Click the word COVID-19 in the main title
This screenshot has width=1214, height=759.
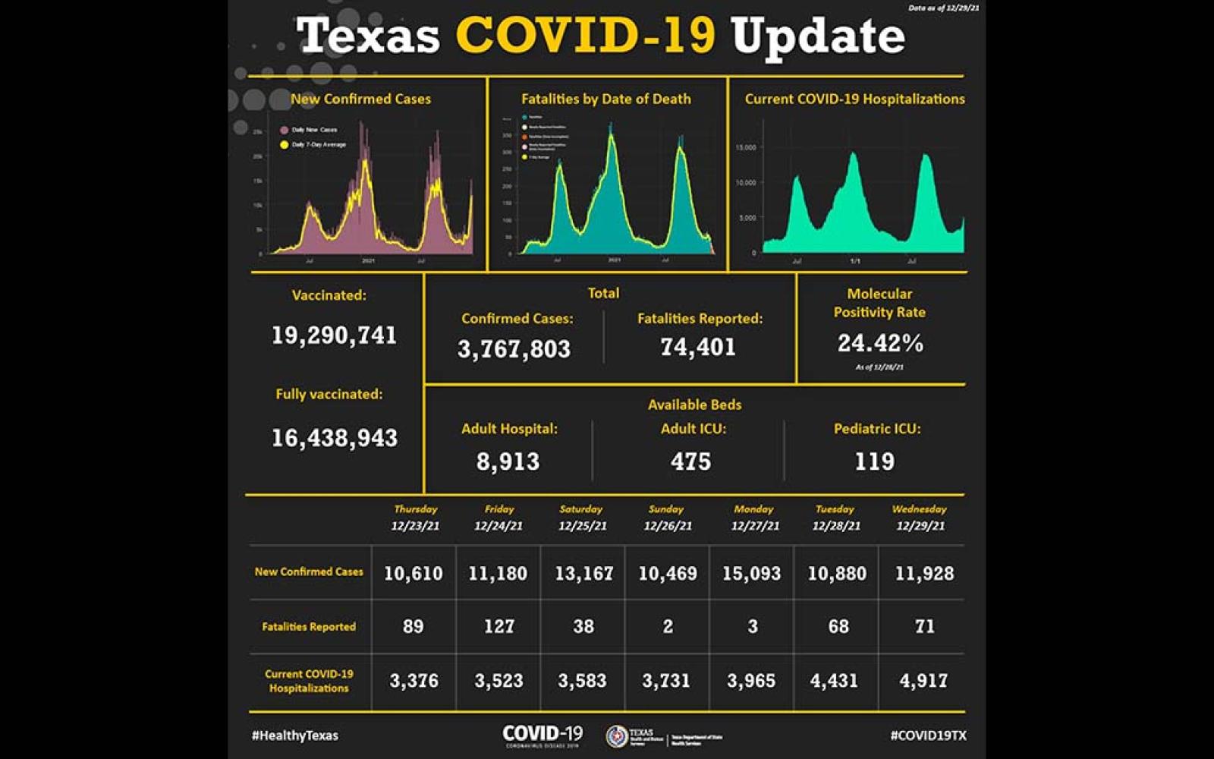coord(585,36)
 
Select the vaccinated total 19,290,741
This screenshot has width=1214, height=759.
coord(334,335)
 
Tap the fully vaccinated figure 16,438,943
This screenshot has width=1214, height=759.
coord(334,438)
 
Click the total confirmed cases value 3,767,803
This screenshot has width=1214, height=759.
coord(514,348)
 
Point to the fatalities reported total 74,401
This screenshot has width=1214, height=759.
coord(698,347)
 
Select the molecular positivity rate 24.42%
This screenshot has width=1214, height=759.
coord(880,344)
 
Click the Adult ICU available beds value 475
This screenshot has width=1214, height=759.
coord(690,461)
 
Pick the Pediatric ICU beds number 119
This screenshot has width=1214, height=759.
coord(874,461)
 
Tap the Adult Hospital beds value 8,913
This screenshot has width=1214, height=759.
coord(508,461)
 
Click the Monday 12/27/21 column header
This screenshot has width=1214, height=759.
coord(754,518)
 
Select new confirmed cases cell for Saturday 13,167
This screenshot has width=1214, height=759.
coord(583,573)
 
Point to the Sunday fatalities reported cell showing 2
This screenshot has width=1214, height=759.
coord(668,626)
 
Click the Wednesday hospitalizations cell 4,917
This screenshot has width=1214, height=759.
coord(923,681)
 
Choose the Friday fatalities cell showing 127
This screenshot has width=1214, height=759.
coord(498,626)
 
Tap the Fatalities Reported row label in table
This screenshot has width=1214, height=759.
coord(309,627)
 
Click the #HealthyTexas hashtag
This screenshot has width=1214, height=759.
coord(295,735)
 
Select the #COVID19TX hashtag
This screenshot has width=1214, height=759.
coord(928,735)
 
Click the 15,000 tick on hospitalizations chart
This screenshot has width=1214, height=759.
coord(746,147)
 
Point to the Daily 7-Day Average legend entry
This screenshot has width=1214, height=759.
coord(318,144)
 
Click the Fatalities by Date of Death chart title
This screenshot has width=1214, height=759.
coord(605,99)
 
